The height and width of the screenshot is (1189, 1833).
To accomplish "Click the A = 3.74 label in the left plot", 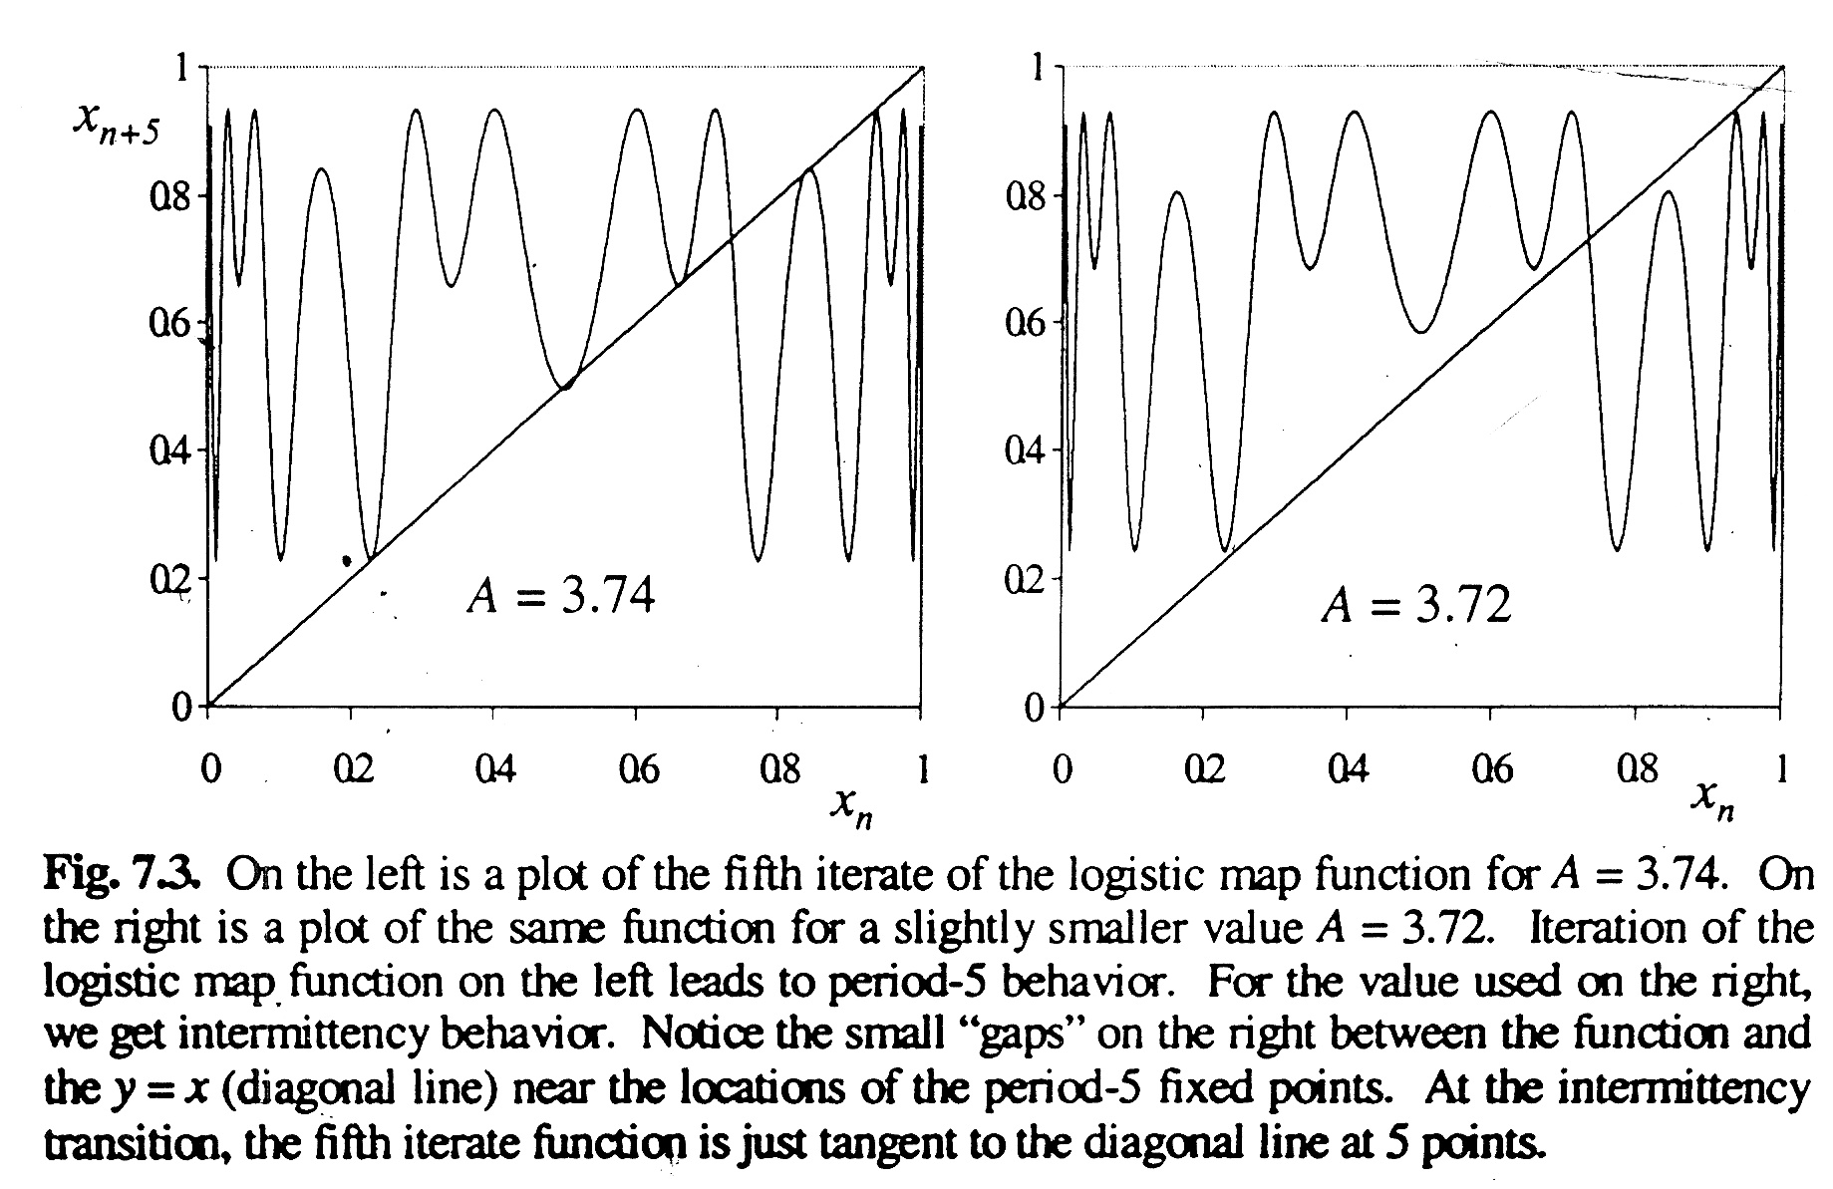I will pyautogui.click(x=560, y=598).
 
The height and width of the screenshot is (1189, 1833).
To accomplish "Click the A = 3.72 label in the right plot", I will pyautogui.click(x=1415, y=604).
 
